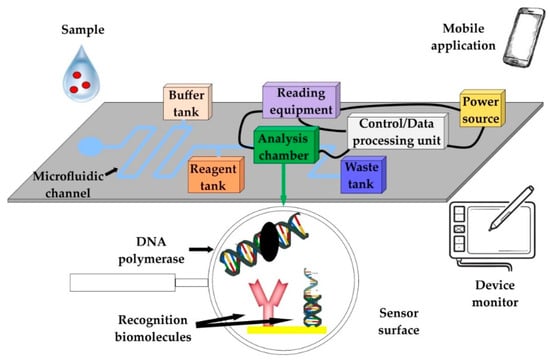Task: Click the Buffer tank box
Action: coord(188,102)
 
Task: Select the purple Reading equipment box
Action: coord(301,100)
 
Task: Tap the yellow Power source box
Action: coord(482,108)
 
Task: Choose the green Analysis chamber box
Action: coord(286,145)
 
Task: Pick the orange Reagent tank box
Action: coord(216,175)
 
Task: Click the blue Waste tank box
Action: coord(363,175)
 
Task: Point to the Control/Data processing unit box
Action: coord(397,132)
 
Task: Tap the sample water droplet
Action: coord(81,74)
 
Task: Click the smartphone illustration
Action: coord(524,37)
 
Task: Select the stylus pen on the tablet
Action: coord(512,208)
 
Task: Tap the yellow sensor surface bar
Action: coord(287,330)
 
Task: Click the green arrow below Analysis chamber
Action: coord(283,184)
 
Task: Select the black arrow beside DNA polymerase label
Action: coord(201,249)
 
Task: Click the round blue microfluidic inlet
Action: coord(89,147)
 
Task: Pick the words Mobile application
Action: coord(463,37)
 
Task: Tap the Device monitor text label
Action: coord(495,293)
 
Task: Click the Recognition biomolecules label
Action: coord(153,328)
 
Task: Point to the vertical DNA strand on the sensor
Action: coord(312,298)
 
